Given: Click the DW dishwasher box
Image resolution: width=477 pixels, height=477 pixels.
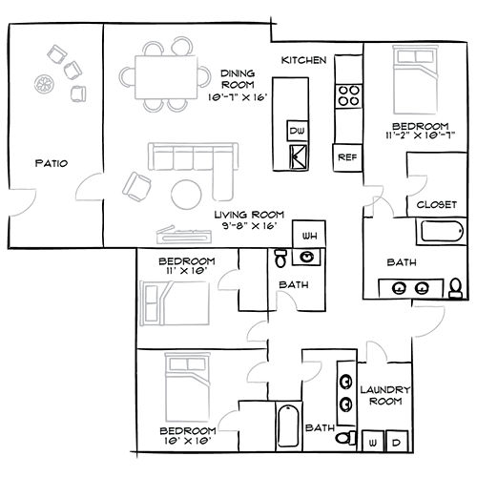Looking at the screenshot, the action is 298,131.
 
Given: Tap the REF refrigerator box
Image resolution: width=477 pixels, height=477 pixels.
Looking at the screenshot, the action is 347,157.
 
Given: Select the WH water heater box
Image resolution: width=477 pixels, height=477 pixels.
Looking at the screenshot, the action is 309,235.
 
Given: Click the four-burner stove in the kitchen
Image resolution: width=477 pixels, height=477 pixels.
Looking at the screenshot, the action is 349,96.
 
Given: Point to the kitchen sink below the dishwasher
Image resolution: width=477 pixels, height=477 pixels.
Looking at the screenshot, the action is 299,156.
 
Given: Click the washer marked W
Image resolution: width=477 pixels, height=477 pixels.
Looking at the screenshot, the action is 373,441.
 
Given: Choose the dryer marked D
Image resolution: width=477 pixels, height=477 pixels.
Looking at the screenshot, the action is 397,441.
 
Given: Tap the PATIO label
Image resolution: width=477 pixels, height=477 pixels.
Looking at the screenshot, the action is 52,163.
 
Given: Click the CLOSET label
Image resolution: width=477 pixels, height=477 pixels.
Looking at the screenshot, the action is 437,204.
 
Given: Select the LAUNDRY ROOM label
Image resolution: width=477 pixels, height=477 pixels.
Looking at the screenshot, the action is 385,395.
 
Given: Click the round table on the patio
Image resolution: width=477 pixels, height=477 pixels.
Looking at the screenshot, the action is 44,84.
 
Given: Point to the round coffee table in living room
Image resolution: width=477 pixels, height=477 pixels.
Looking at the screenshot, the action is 186,195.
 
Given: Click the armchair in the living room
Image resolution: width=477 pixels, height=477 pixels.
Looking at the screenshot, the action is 136,187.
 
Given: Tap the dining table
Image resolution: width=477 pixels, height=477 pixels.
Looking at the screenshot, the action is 166,77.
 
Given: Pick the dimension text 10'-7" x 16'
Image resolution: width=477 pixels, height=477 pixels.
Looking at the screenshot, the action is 237,97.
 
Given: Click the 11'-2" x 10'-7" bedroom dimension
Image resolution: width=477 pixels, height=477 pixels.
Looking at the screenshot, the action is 421,135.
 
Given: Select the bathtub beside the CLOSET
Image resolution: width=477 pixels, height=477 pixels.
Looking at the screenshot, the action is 442,231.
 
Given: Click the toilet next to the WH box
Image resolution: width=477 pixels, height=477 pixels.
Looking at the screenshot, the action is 280,258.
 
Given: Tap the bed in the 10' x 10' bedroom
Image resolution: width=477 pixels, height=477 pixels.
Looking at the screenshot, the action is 188,387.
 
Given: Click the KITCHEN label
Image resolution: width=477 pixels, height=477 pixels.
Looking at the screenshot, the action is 303,60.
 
